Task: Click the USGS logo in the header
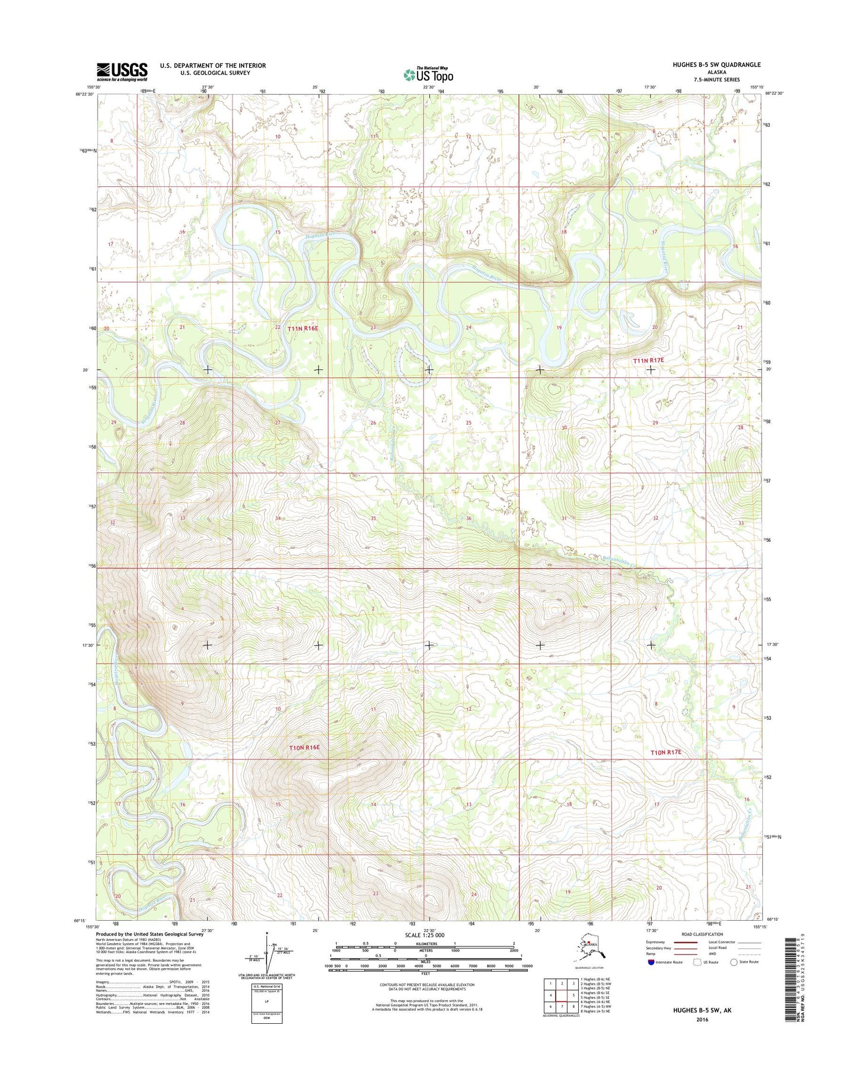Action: point(122,72)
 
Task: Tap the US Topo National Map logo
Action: point(428,75)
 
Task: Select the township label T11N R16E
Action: point(303,328)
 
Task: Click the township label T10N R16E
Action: point(304,748)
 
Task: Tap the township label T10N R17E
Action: point(666,752)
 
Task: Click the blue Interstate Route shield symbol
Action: point(651,962)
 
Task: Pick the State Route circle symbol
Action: point(734,962)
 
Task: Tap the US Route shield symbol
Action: point(693,962)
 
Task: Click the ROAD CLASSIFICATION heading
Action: point(702,934)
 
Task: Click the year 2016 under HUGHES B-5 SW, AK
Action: point(702,1020)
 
